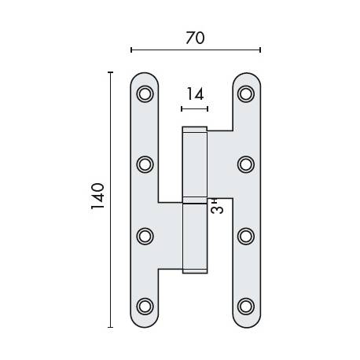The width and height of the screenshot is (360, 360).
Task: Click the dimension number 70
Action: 195,37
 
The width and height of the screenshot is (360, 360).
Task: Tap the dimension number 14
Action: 195,94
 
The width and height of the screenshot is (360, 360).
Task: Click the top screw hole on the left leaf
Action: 145,94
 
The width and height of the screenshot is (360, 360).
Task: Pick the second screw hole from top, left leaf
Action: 145,164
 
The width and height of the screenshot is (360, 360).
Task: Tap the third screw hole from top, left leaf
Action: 145,235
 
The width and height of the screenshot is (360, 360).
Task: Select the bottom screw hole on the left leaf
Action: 145,305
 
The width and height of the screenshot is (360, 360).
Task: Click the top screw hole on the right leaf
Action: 246,94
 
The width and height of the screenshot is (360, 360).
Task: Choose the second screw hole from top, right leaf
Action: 246,164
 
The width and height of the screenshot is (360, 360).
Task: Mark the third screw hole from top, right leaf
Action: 246,235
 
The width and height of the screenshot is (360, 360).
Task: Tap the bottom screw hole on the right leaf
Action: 246,305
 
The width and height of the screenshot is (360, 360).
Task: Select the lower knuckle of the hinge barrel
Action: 195,236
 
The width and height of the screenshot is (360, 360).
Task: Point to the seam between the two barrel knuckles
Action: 195,200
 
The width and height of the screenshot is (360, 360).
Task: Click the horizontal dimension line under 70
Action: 195,50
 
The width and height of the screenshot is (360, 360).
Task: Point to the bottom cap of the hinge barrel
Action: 195,270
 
